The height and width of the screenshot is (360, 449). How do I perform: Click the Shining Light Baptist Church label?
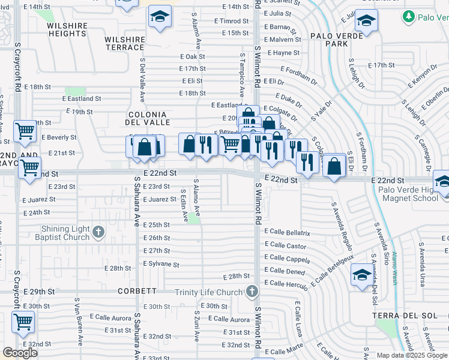tap(65, 233)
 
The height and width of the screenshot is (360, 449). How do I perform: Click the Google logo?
tap(20, 353)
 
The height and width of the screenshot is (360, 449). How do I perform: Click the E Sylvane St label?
tap(161, 264)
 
